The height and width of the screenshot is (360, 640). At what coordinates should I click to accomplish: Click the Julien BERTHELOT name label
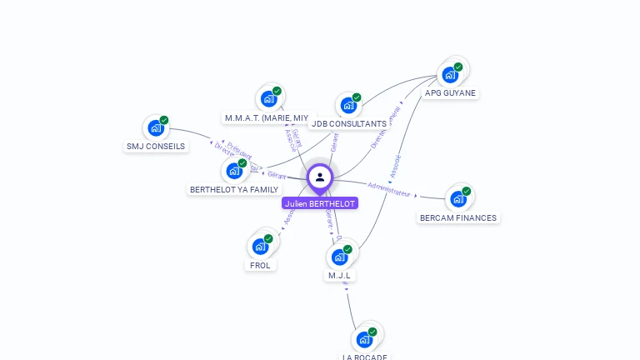point(320,203)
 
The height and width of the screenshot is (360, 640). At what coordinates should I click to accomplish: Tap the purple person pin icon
point(320,177)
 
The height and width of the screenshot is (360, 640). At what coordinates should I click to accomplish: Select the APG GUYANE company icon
point(451,74)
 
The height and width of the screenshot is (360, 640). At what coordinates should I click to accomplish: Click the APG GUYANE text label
point(450,93)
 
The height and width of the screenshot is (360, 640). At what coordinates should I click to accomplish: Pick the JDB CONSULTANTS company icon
point(348,106)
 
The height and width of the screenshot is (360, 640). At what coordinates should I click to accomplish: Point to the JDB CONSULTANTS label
point(348,124)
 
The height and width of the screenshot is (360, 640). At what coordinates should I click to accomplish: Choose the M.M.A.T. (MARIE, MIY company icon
point(268,99)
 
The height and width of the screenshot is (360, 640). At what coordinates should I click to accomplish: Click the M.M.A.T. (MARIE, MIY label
point(267,117)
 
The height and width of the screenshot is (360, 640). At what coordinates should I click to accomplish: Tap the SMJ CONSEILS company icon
point(155,128)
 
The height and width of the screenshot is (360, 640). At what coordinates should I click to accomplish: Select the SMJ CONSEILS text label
point(156,146)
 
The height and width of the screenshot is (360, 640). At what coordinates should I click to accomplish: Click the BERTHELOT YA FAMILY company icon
point(234,171)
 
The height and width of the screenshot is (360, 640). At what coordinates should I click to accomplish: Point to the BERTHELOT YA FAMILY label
point(234,189)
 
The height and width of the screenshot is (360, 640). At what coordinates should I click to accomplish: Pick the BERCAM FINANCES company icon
point(457,199)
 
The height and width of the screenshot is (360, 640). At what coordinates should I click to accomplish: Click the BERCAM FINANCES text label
point(458,217)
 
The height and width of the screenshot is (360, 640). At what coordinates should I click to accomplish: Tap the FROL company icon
point(260,247)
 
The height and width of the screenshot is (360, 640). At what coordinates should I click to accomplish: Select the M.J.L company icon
point(339,257)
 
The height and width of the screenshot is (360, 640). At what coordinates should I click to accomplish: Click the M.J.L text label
point(339,275)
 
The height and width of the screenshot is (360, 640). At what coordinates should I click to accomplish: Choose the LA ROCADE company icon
point(364,339)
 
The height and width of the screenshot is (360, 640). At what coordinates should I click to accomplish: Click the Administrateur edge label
point(389,188)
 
